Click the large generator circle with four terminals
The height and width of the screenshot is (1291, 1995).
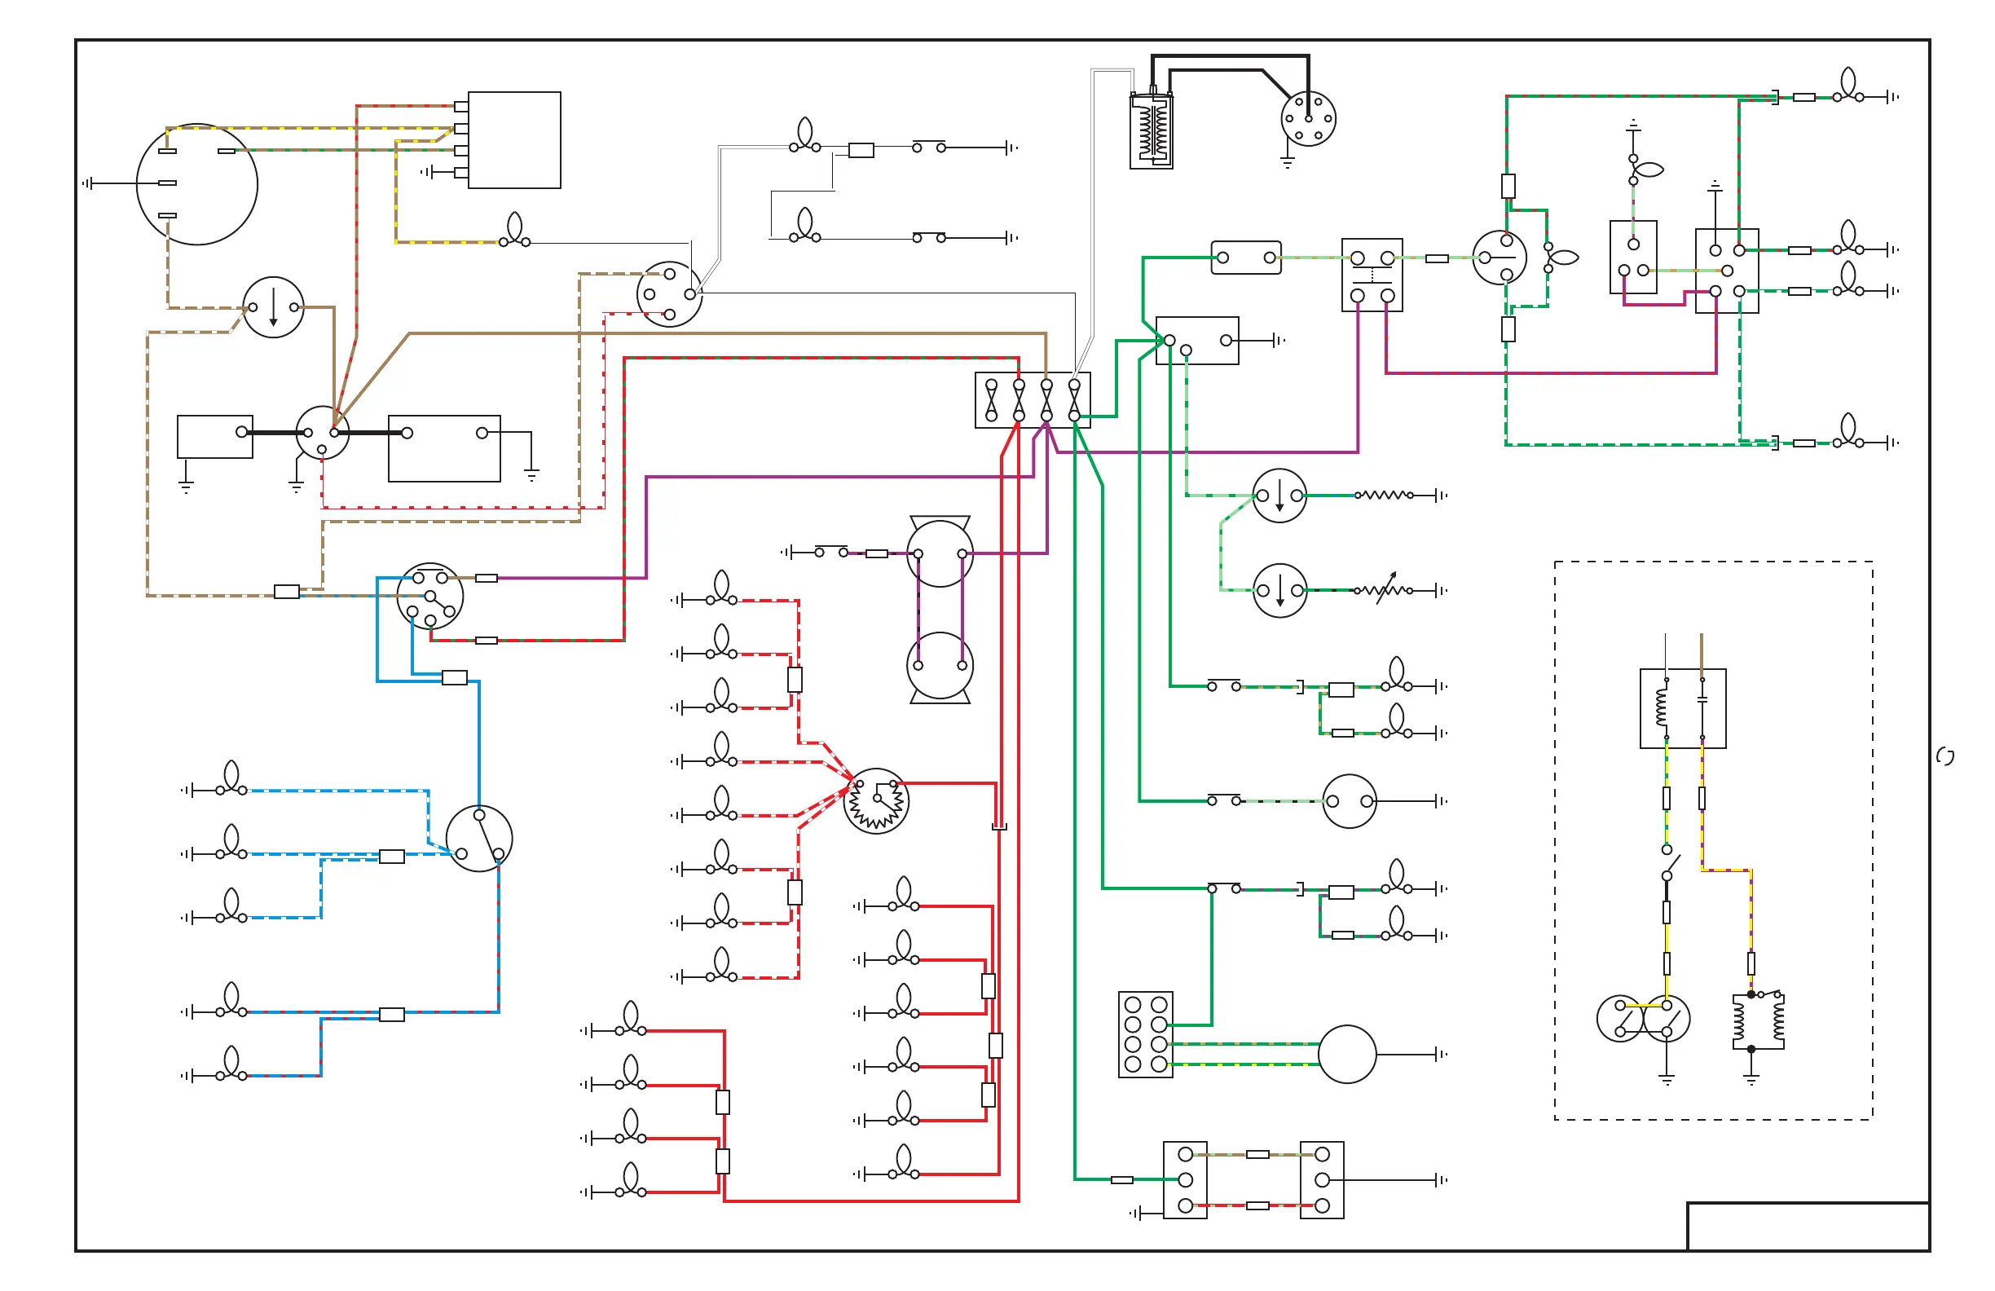pyautogui.click(x=197, y=184)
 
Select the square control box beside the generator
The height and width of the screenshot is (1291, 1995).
pyautogui.click(x=514, y=140)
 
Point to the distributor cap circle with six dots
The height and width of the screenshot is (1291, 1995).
pyautogui.click(x=1308, y=119)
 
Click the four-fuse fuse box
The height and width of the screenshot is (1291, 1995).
pyautogui.click(x=1033, y=400)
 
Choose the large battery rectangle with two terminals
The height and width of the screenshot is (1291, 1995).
pyautogui.click(x=444, y=448)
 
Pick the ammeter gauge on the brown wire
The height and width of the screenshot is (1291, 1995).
pyautogui.click(x=273, y=307)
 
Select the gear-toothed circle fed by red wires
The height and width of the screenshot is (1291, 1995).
pyautogui.click(x=876, y=800)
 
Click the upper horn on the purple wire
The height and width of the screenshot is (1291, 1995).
pyautogui.click(x=940, y=553)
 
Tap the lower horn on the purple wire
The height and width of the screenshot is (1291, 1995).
pyautogui.click(x=940, y=666)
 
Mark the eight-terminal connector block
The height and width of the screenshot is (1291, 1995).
pyautogui.click(x=1145, y=1034)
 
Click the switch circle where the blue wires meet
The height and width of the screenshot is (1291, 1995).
pyautogui.click(x=478, y=839)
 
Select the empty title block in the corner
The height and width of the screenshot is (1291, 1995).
pyautogui.click(x=1808, y=1227)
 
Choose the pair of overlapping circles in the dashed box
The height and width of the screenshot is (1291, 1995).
pyautogui.click(x=1643, y=1019)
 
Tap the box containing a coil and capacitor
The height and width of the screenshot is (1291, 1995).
pyautogui.click(x=1682, y=708)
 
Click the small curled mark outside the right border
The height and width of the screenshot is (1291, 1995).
pyautogui.click(x=1945, y=756)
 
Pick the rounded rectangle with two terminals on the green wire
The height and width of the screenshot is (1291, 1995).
pyautogui.click(x=1245, y=258)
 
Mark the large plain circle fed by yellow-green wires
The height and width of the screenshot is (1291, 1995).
pyautogui.click(x=1347, y=1054)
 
